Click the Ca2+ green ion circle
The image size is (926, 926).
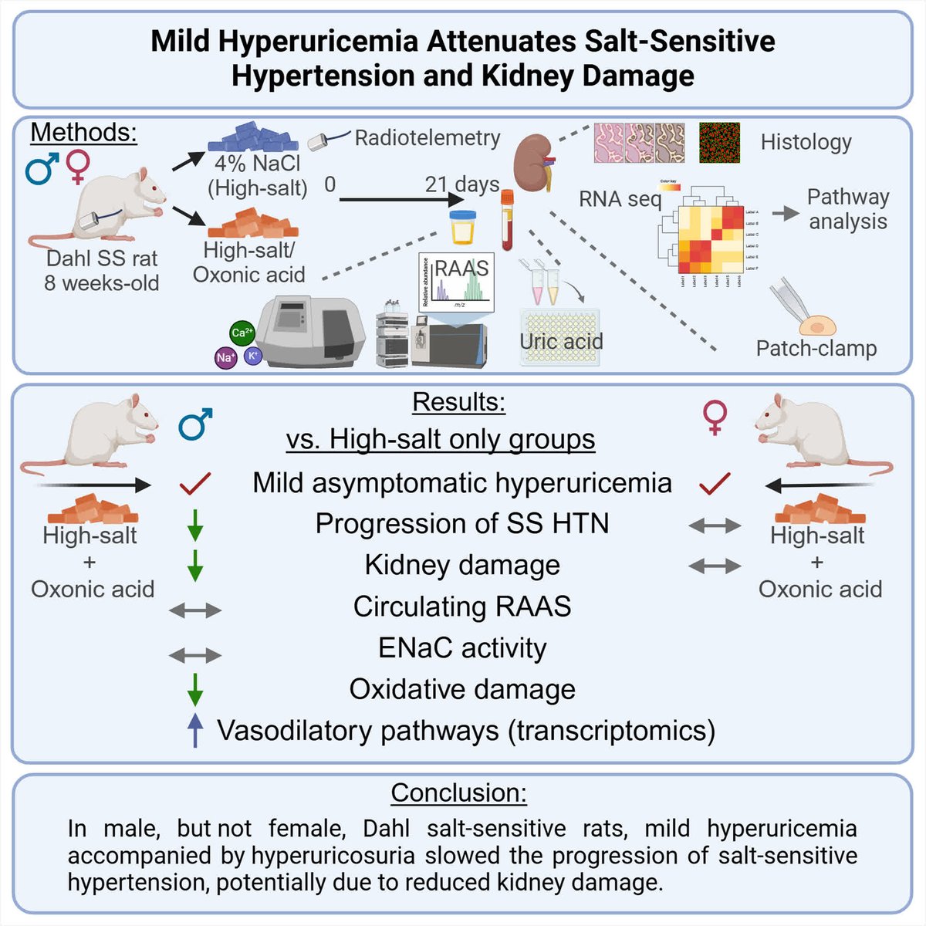(x=242, y=333)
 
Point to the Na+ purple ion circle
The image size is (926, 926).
(x=225, y=358)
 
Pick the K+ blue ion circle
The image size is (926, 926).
(x=252, y=356)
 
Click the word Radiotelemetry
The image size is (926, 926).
(x=428, y=137)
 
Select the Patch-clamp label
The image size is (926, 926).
(x=816, y=348)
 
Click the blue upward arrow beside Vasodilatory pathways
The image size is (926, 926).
(x=196, y=730)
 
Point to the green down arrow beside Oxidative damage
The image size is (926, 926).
(x=195, y=689)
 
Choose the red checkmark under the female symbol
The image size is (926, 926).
(x=715, y=484)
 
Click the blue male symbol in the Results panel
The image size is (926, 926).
(x=195, y=424)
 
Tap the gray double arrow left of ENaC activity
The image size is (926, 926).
(x=195, y=656)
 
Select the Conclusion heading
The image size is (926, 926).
(x=459, y=793)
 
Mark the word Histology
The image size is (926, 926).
(x=806, y=142)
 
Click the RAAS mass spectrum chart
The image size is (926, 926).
(x=457, y=281)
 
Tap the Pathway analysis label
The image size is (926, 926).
(x=847, y=209)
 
